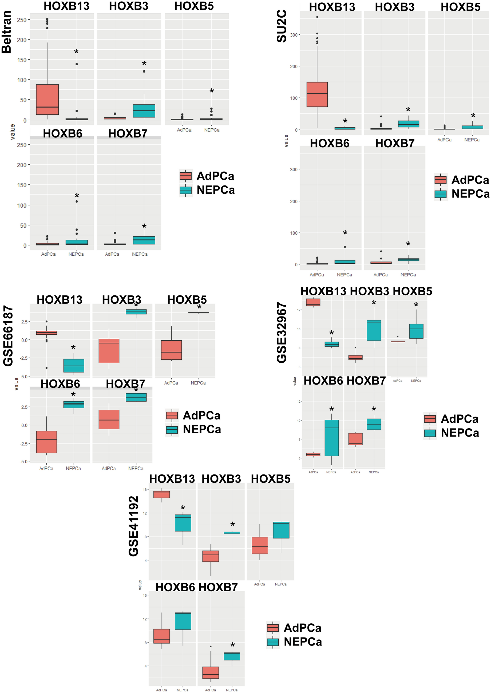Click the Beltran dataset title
(7, 32)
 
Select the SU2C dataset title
(282, 26)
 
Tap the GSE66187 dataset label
(8, 336)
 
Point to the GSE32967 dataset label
(282, 332)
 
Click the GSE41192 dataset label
(133, 526)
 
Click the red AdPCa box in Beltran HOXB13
(47, 100)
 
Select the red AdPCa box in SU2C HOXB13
(317, 94)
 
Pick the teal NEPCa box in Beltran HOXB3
(144, 111)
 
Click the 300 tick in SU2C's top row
(293, 35)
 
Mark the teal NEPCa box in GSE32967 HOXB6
(331, 438)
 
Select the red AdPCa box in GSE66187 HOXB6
(46, 442)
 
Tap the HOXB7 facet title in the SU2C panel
(395, 143)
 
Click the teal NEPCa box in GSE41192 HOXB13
(183, 523)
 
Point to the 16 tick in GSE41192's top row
(145, 489)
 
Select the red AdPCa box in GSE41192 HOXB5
(259, 545)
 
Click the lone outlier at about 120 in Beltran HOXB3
(144, 71)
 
